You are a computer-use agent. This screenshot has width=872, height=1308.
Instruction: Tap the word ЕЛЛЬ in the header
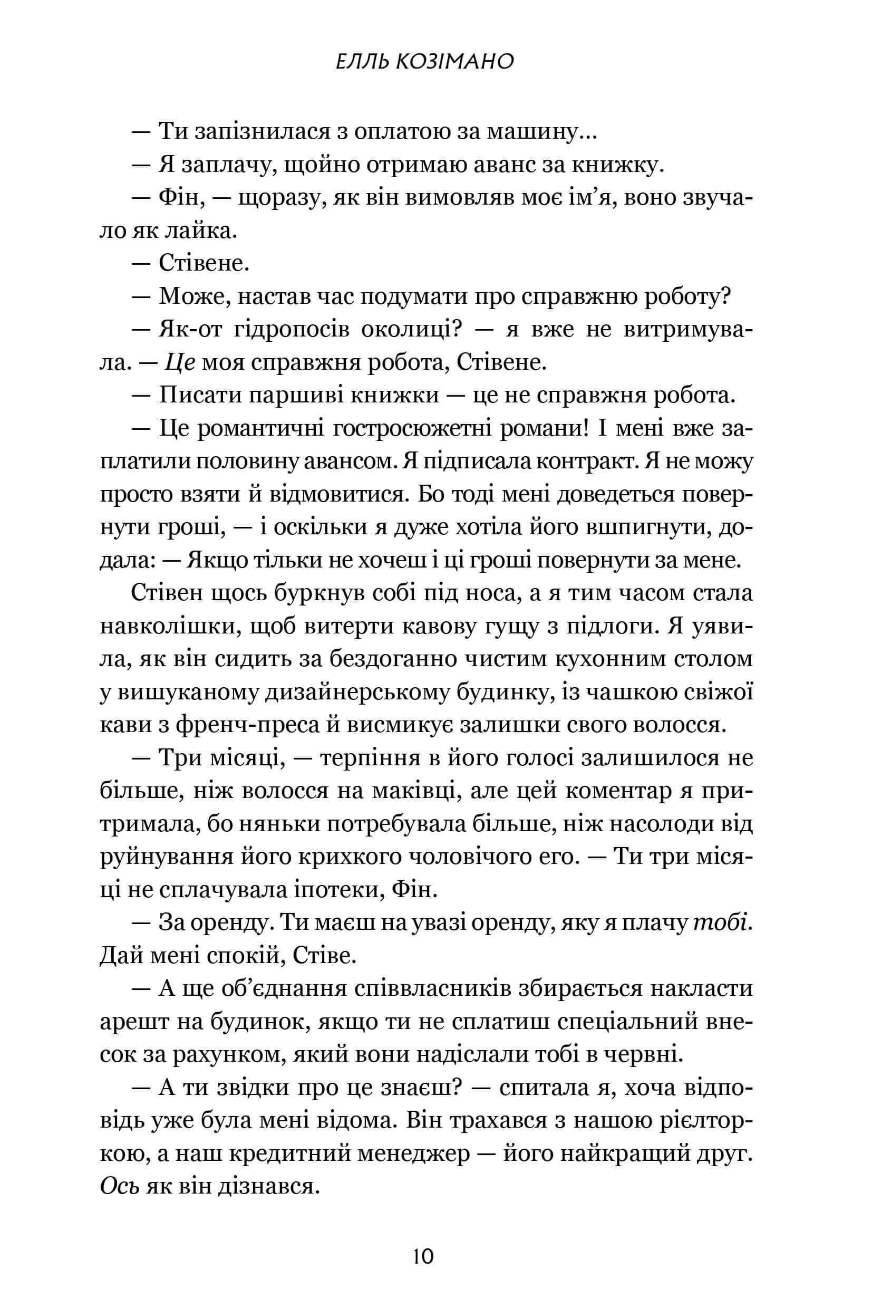(356, 62)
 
